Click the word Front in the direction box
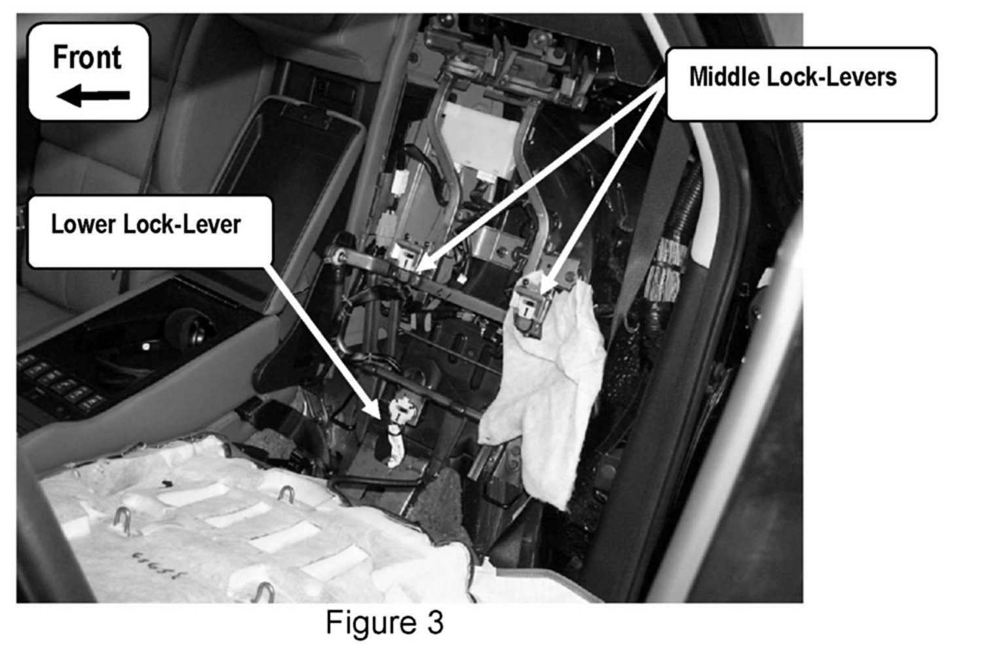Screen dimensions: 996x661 pos(86,58)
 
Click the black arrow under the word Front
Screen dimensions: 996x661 pos(92,96)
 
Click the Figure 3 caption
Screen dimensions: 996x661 pos(384,622)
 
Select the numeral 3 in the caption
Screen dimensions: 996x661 pos(434,622)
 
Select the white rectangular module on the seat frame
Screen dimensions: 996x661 pos(473,140)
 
